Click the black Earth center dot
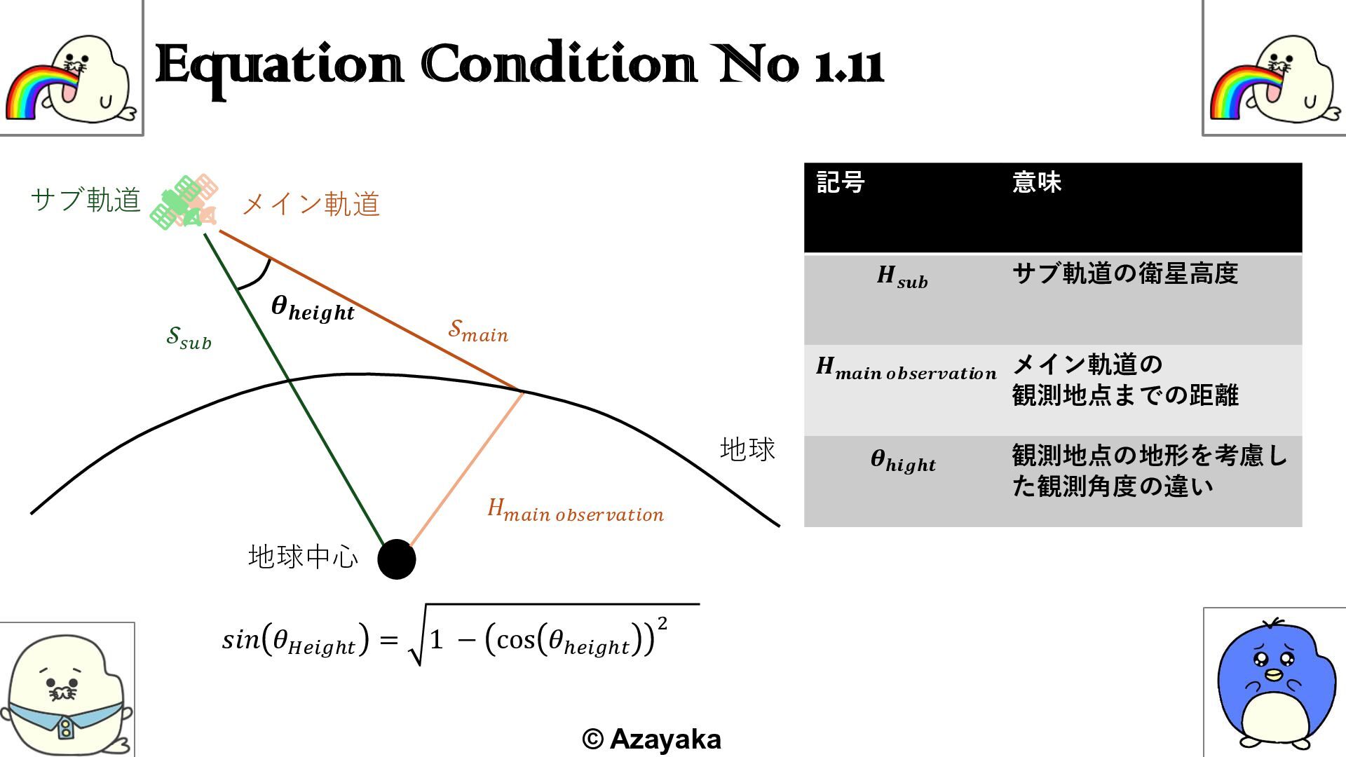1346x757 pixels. pyautogui.click(x=397, y=559)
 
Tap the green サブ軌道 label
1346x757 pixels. pyautogui.click(x=86, y=200)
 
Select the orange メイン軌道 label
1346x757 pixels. pyautogui.click(x=311, y=205)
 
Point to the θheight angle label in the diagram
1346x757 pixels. pyautogui.click(x=313, y=308)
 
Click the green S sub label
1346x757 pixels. pyautogui.click(x=189, y=338)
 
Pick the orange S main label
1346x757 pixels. pyautogui.click(x=478, y=330)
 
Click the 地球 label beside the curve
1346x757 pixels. pyautogui.click(x=747, y=449)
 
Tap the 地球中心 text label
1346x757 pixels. pyautogui.click(x=303, y=557)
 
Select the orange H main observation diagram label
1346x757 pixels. pyautogui.click(x=575, y=511)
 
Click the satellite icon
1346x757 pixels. pyautogui.click(x=185, y=202)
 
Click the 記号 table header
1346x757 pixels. pyautogui.click(x=841, y=183)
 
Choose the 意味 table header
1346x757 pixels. pyautogui.click(x=1037, y=183)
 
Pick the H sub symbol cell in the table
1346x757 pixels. pyautogui.click(x=902, y=276)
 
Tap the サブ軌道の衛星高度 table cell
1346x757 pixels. pyautogui.click(x=1125, y=273)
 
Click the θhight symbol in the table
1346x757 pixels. pyautogui.click(x=903, y=461)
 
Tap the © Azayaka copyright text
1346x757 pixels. pyautogui.click(x=651, y=739)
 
